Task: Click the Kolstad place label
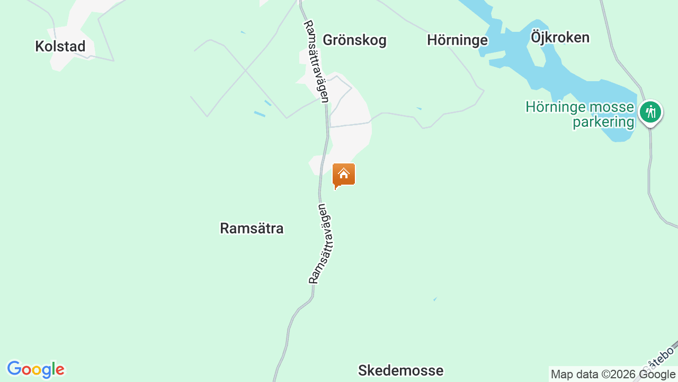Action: point(60,47)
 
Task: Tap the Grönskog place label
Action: point(354,40)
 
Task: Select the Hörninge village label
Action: point(457,40)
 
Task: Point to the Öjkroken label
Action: point(560,38)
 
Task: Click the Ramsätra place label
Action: point(252,229)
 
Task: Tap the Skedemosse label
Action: point(400,370)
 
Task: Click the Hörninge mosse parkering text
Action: point(579,115)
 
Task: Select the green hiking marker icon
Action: point(650,112)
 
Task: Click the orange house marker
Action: point(344,175)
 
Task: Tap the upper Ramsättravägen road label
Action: point(317,61)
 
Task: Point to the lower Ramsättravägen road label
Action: point(322,243)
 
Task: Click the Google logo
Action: point(35,369)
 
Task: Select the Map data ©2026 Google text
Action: point(613,375)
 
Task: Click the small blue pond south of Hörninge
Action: point(419,109)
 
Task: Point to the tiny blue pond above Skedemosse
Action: point(435,299)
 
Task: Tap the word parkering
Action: point(603,122)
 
